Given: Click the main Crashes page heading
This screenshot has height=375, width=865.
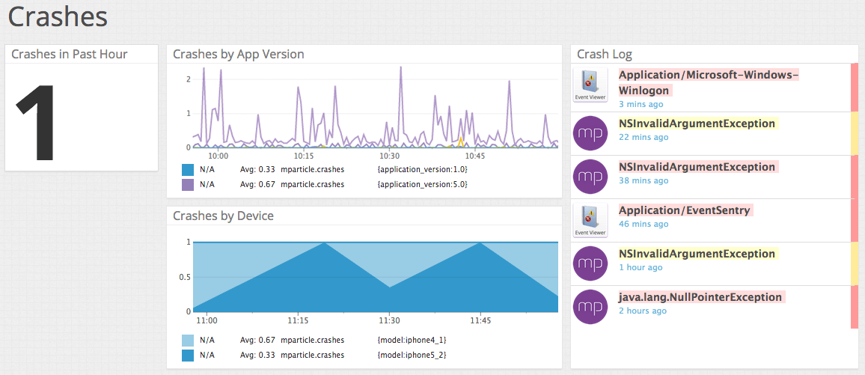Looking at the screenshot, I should (58, 16).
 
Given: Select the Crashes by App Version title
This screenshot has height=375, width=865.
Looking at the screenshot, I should (238, 54).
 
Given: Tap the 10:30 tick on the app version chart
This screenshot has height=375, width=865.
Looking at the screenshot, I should (390, 156).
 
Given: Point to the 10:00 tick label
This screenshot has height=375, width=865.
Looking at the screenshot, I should (218, 156).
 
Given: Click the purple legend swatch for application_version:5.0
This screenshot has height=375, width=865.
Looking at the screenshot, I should (188, 184).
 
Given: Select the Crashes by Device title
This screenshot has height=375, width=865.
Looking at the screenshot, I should (223, 216).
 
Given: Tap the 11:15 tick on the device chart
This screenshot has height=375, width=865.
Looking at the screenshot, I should (298, 320).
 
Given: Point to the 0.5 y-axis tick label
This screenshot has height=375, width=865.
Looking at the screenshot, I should (183, 277).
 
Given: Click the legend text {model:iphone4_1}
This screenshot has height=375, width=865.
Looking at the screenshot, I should (412, 340).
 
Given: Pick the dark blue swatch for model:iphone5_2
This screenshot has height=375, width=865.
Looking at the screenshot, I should (188, 355).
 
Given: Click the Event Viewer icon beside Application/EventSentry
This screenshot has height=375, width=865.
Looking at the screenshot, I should (590, 221).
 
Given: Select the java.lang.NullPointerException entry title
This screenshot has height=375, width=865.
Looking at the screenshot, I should (700, 297).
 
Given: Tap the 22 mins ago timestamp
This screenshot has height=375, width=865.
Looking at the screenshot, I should (644, 137).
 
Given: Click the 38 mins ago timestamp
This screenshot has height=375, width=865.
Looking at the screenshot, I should (644, 180).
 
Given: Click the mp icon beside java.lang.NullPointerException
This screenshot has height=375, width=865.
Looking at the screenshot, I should (590, 307).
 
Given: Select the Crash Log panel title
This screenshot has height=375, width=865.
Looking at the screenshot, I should (604, 54).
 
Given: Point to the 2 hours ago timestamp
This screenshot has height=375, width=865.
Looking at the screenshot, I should (642, 311).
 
